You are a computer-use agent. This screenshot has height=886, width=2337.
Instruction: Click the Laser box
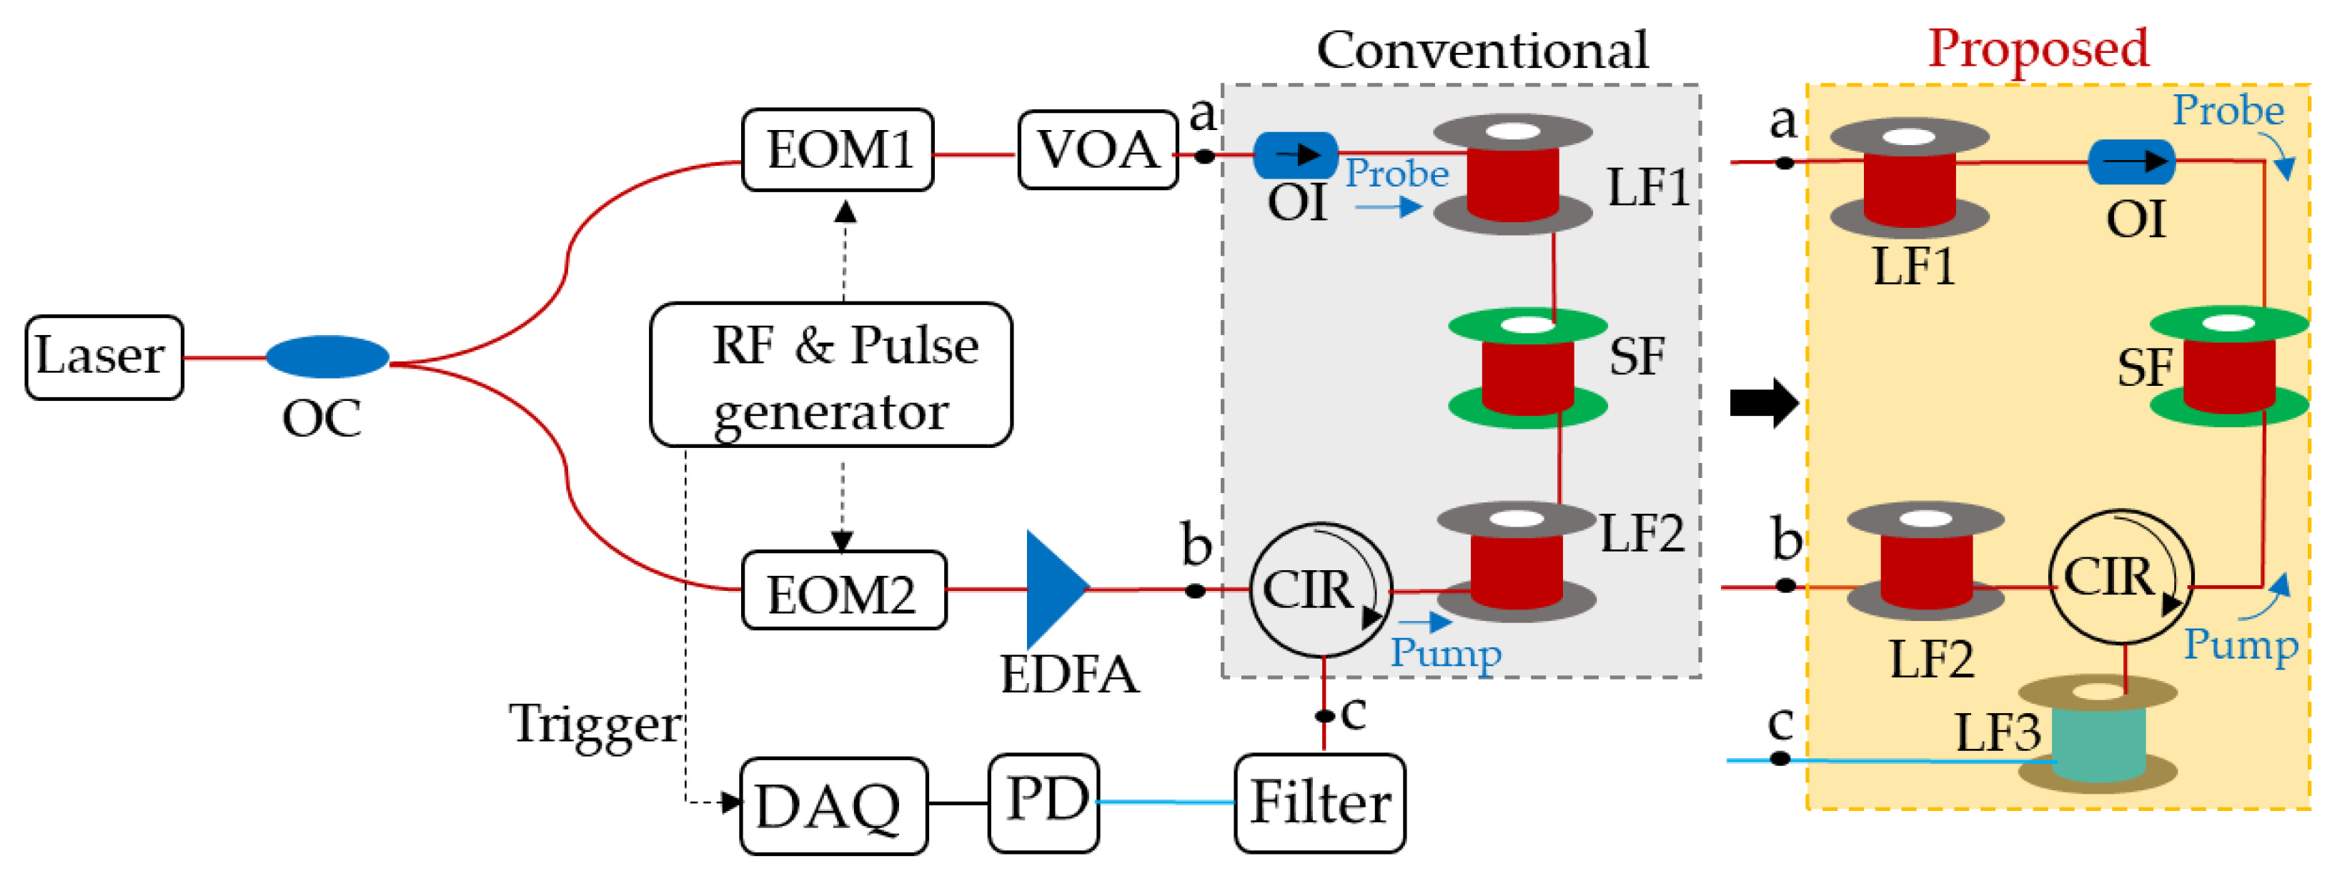tap(104, 357)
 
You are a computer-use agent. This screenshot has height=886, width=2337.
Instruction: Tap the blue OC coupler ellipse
tap(327, 357)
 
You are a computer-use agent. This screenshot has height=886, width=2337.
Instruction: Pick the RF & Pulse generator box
tap(830, 374)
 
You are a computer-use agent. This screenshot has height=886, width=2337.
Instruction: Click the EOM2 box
tap(843, 590)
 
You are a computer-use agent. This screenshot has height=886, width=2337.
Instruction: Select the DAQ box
tap(833, 805)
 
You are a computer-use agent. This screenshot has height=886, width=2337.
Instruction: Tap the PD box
tap(1043, 802)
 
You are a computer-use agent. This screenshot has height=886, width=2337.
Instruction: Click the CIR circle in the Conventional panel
tap(1320, 589)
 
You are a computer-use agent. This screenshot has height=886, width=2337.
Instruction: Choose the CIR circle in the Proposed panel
tap(2120, 576)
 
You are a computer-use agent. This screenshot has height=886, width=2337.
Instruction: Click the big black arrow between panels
tap(1762, 402)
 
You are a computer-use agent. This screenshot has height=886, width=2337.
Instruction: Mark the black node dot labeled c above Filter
tap(1324, 715)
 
